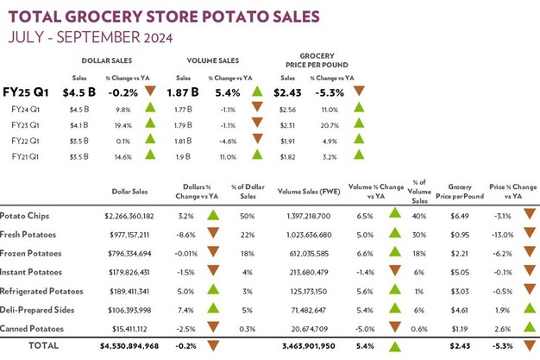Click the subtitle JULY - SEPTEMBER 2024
pyautogui.click(x=89, y=37)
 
